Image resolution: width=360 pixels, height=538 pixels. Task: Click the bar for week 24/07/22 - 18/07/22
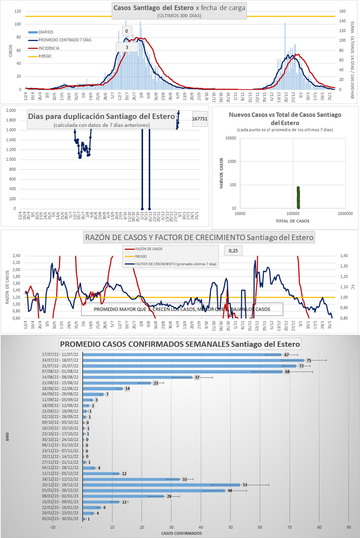pyautogui.click(x=193, y=360)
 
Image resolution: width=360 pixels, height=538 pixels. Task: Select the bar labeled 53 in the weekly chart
pyautogui.click(x=161, y=485)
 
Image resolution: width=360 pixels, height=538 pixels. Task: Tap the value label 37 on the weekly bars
pyautogui.click(x=197, y=377)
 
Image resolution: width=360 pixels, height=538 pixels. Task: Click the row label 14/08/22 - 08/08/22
pyautogui.click(x=60, y=377)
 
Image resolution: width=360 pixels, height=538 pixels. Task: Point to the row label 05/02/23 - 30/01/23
pyautogui.click(x=60, y=519)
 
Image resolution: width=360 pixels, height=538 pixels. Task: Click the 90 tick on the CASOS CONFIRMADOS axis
pyautogui.click(x=348, y=527)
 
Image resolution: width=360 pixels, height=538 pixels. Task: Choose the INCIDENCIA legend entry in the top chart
pyautogui.click(x=48, y=48)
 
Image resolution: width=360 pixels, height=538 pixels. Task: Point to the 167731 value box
pyautogui.click(x=200, y=119)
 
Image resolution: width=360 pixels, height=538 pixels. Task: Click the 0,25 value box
pyautogui.click(x=233, y=251)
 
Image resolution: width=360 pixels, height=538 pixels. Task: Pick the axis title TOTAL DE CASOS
pyautogui.click(x=292, y=221)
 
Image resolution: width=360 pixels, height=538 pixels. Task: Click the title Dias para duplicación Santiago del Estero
pyautogui.click(x=101, y=117)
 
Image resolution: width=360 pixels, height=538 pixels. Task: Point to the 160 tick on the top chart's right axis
pyautogui.click(x=342, y=12)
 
